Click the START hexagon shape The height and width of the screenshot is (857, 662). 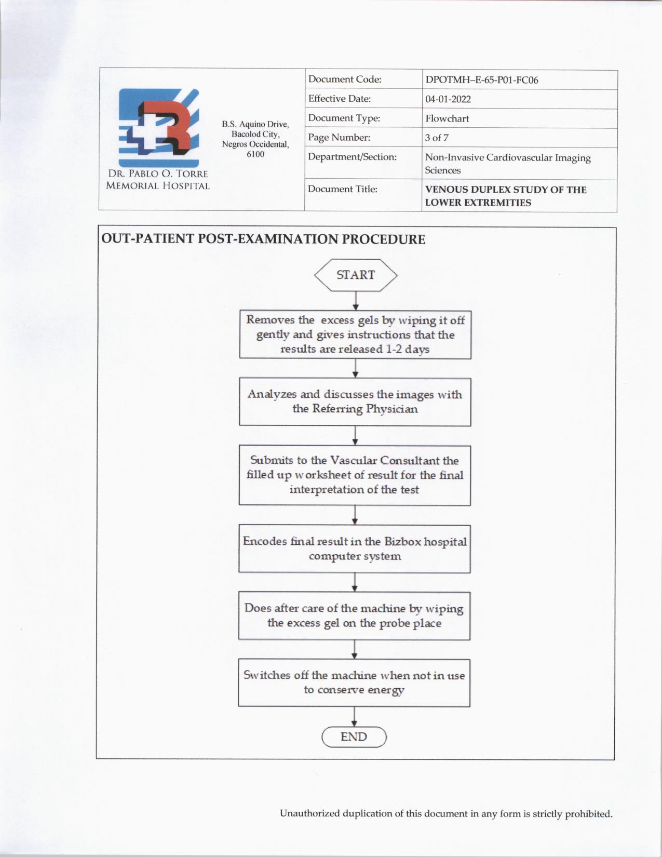click(356, 275)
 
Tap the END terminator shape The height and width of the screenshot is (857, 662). click(354, 737)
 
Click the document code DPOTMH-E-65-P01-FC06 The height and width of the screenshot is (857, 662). click(481, 80)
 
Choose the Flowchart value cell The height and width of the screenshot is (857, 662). click(447, 118)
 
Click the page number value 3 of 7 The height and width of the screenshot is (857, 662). click(437, 138)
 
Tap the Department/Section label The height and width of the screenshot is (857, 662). click(352, 157)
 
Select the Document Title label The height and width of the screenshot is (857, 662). click(342, 189)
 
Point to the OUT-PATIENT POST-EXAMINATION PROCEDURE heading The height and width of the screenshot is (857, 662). click(263, 239)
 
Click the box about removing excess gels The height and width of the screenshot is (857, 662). click(355, 334)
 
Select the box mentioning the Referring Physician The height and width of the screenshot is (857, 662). click(355, 401)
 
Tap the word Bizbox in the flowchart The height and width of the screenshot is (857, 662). click(403, 541)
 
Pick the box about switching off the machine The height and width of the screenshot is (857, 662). click(354, 682)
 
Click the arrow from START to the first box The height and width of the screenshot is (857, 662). click(356, 301)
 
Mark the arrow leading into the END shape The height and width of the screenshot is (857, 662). click(354, 717)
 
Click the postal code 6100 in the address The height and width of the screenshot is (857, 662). click(255, 154)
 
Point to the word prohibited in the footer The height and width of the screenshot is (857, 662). click(589, 813)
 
